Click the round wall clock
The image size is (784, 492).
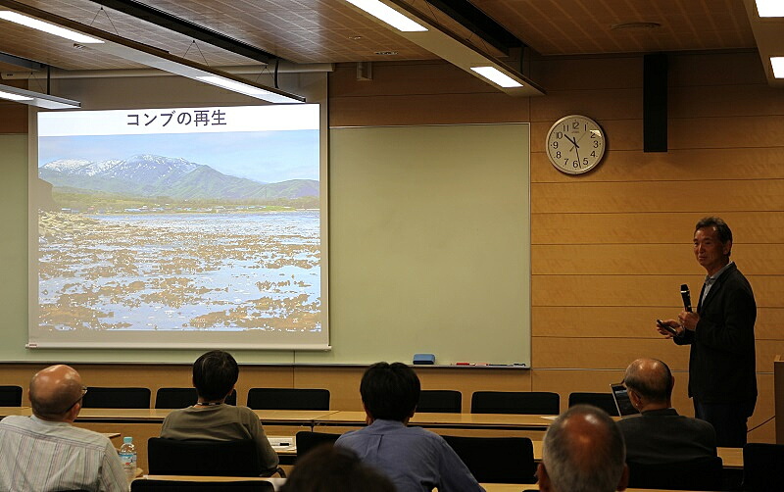[x=575, y=144]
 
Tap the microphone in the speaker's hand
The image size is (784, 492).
[x=685, y=298]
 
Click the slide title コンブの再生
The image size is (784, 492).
[x=176, y=119]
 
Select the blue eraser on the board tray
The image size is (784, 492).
[x=423, y=359]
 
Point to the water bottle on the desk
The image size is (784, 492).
[x=128, y=456]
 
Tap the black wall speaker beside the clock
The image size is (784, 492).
[x=655, y=103]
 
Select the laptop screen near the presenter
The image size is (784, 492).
[x=620, y=400]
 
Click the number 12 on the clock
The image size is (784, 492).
[x=575, y=125]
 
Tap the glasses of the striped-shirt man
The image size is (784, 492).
[x=76, y=399]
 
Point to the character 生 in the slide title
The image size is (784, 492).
[x=218, y=119]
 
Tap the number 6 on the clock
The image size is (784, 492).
[x=576, y=164]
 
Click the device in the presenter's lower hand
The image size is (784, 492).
[x=667, y=327]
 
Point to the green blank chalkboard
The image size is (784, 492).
[x=429, y=245]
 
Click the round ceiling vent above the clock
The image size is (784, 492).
[x=636, y=25]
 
